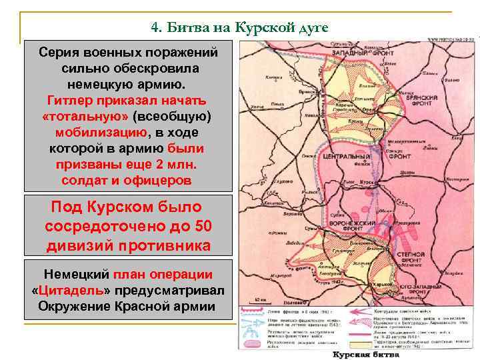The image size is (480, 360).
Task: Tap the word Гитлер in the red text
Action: [x=73, y=100]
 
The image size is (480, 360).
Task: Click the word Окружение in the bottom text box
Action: [x=69, y=306]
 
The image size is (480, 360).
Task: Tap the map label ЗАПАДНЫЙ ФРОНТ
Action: [x=355, y=50]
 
